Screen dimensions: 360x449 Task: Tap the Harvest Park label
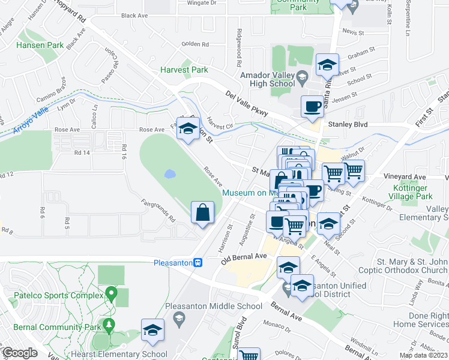click(x=184, y=70)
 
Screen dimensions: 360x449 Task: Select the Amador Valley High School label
click(x=267, y=80)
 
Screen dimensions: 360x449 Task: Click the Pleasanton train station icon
click(x=205, y=262)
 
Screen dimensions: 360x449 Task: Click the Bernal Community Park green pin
click(x=109, y=308)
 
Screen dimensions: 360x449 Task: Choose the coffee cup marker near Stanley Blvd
click(x=312, y=107)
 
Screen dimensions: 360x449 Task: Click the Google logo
click(x=20, y=353)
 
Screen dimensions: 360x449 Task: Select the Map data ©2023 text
click(x=423, y=355)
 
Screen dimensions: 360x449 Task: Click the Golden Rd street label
click(x=194, y=44)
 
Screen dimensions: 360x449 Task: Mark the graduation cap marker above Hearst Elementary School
click(x=152, y=330)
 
